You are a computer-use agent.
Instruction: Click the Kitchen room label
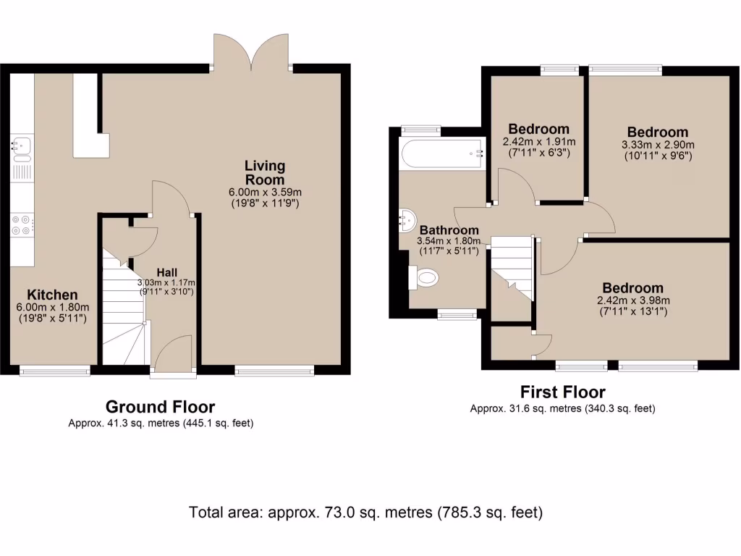pos(52,295)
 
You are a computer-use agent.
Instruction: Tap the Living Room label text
pos(264,173)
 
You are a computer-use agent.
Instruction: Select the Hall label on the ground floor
pos(167,272)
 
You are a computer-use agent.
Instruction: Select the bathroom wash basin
pos(408,218)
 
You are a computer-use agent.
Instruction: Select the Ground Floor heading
pos(160,407)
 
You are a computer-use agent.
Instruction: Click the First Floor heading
pos(562,392)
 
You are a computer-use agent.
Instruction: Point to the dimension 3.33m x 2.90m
pos(657,144)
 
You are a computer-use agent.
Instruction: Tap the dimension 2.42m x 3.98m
pos(632,301)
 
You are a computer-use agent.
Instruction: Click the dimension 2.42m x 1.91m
pos(538,141)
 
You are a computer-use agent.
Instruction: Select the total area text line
pos(365,513)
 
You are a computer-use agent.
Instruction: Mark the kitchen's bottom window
pos(55,371)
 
